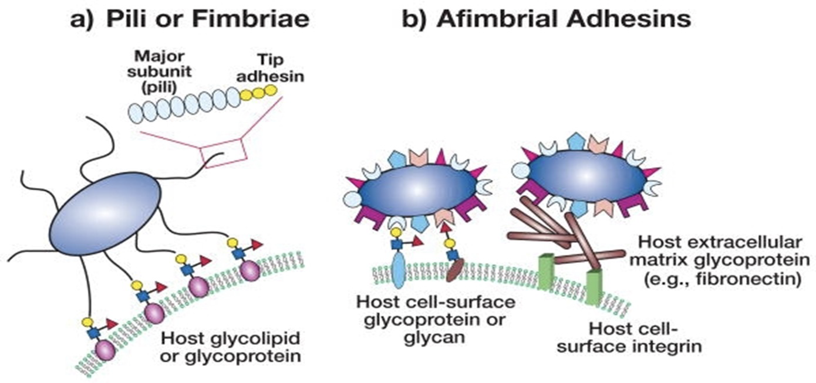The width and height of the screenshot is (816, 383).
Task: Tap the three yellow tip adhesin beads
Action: click(x=258, y=93)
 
